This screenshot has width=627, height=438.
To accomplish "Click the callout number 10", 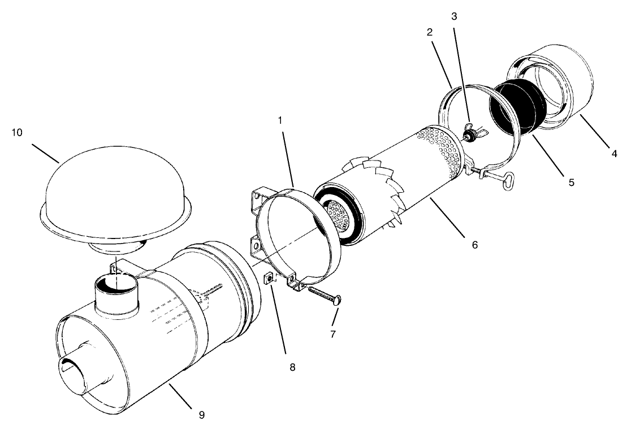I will click(18, 132).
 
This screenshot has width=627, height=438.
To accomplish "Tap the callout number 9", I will click(202, 415).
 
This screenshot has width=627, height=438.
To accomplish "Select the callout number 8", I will click(292, 367).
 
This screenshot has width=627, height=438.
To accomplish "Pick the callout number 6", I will click(474, 245).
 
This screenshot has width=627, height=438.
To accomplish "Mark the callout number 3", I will click(454, 16).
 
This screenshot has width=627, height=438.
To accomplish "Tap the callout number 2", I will click(430, 32).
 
